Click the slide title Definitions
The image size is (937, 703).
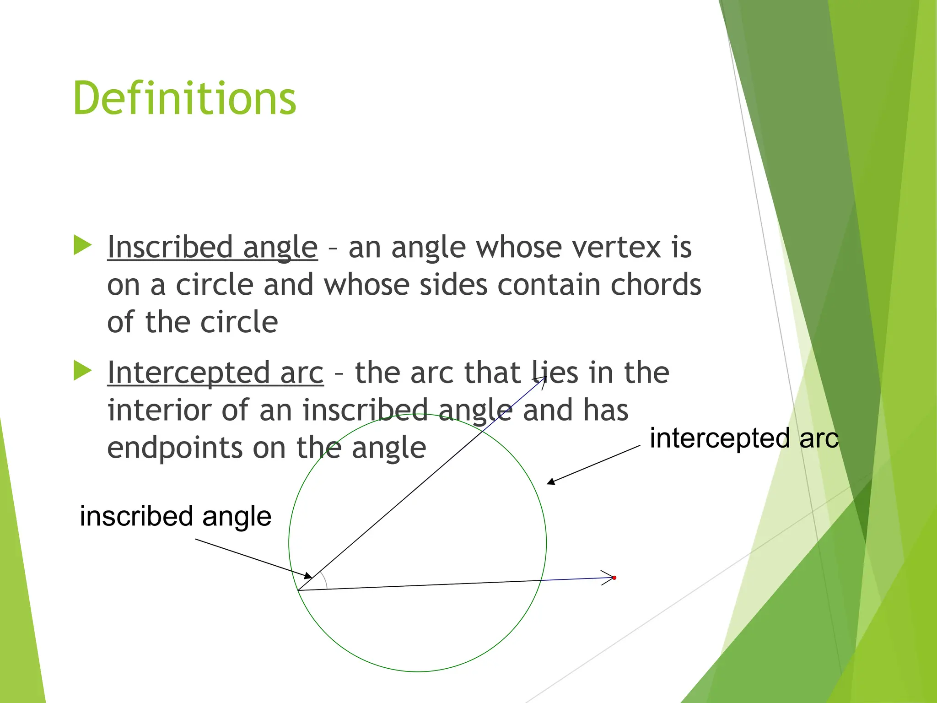pos(184,98)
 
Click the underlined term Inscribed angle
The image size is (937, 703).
pos(212,248)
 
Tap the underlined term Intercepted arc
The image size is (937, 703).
pos(215,373)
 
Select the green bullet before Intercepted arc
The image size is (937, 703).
pos(83,370)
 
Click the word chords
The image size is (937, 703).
pos(656,285)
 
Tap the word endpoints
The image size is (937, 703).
pos(174,448)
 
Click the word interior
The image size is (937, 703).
pos(159,410)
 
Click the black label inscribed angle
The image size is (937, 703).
pos(175,516)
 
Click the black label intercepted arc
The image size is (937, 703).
pos(744,438)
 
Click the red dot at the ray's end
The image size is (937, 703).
pos(614,578)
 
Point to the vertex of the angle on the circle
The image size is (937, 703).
pos(298,590)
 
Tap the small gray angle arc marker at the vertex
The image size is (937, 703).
pos(325,580)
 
